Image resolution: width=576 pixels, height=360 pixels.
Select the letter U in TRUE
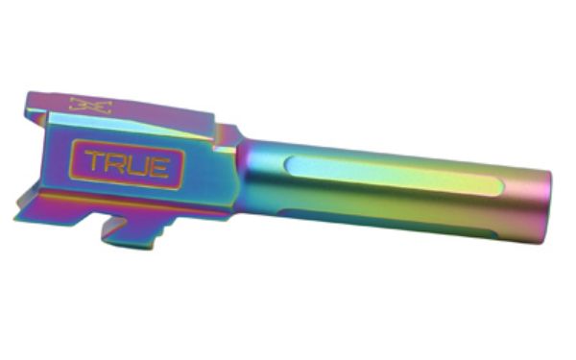pyautogui.click(x=138, y=165)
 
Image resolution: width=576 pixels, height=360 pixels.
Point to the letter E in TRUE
pyautogui.click(x=159, y=166)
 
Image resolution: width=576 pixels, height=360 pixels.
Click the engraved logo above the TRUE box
pyautogui.click(x=91, y=105)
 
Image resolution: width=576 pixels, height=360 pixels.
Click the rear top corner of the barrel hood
pyautogui.click(x=24, y=97)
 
